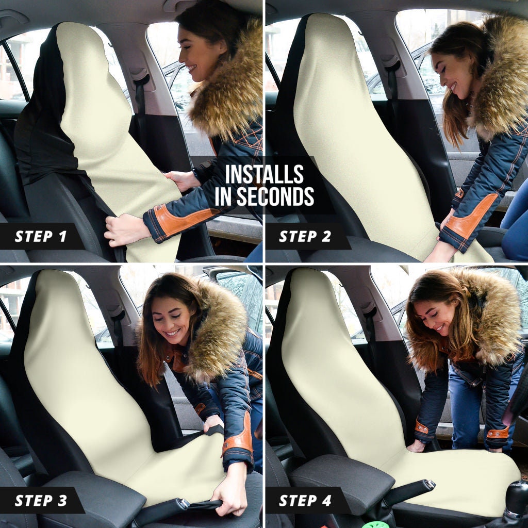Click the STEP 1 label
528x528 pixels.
pyautogui.click(x=41, y=237)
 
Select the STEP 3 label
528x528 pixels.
pyautogui.click(x=41, y=500)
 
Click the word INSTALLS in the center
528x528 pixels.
pyautogui.click(x=264, y=175)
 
